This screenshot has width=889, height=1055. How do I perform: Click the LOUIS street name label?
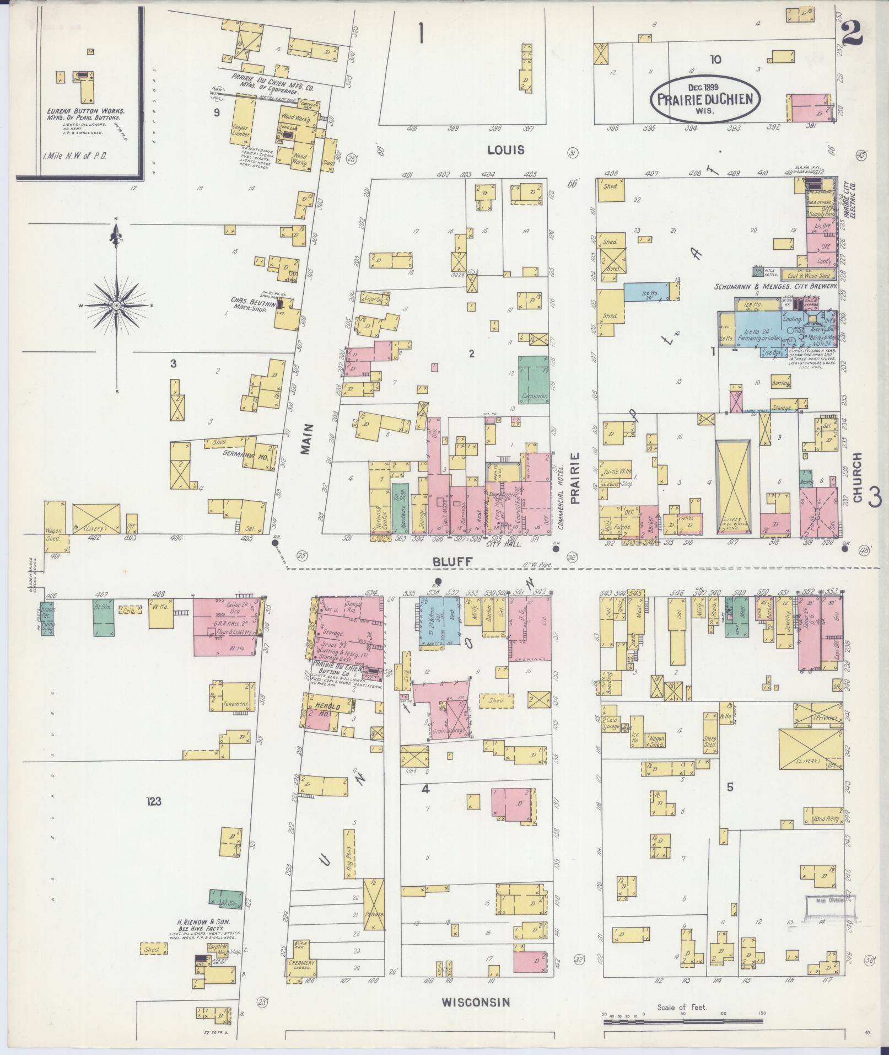(505, 150)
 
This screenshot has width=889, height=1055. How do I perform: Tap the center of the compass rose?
(117, 305)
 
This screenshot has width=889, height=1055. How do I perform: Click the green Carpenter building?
(533, 379)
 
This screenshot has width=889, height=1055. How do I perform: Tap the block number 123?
(153, 801)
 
